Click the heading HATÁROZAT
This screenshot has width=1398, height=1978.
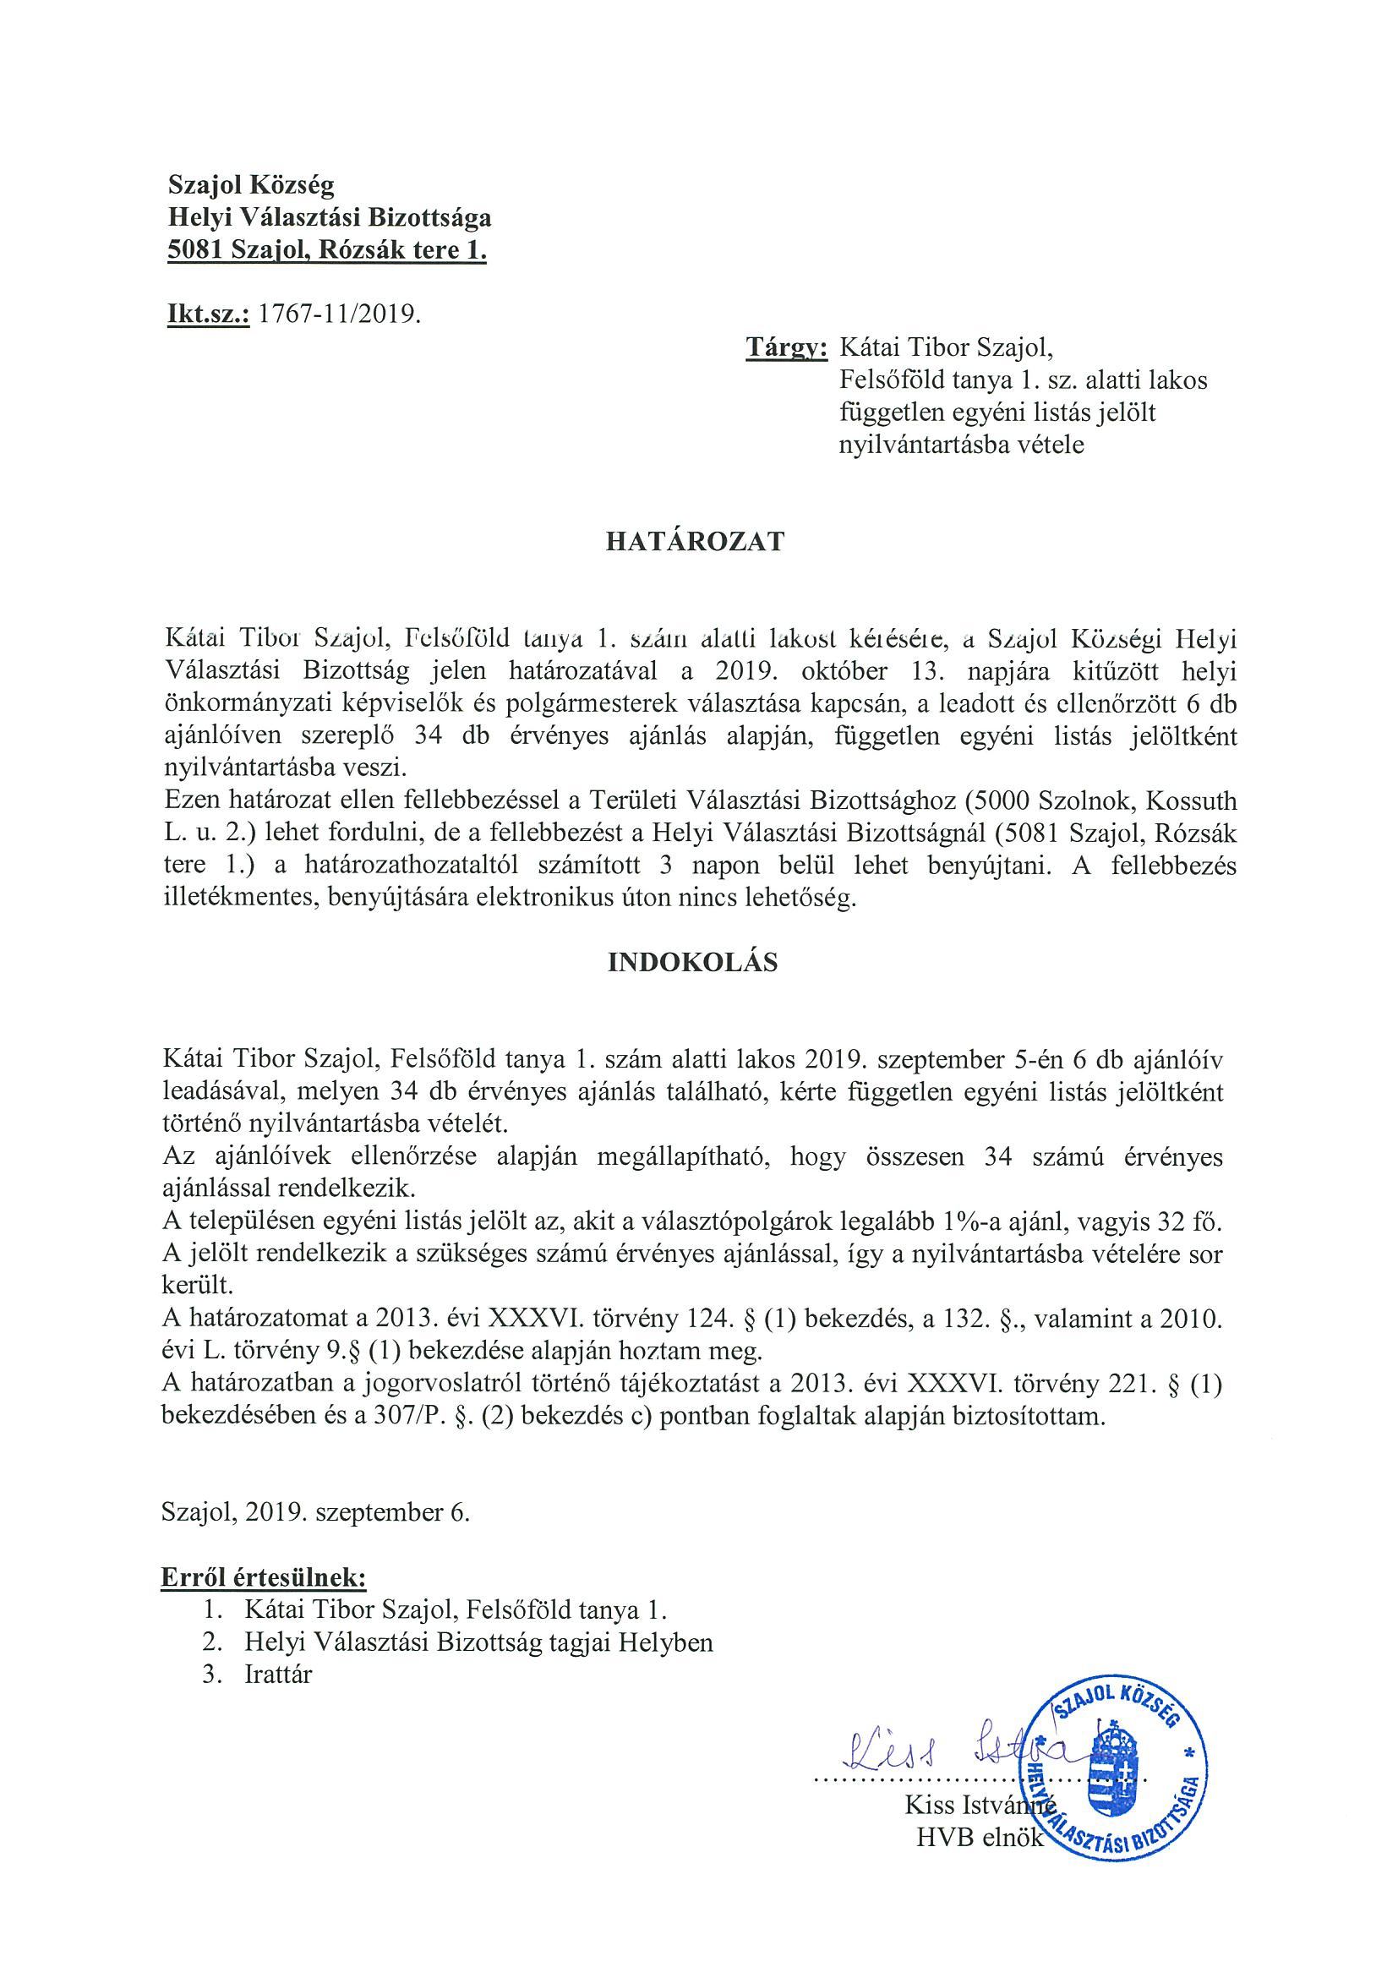tap(695, 541)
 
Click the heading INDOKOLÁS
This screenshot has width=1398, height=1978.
tap(692, 962)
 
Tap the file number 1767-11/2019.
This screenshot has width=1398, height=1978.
tap(340, 314)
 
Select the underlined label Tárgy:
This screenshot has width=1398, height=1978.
tap(786, 347)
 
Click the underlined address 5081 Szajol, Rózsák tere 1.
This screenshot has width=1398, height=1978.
tap(327, 252)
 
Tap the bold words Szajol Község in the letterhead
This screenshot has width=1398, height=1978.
tap(252, 184)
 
